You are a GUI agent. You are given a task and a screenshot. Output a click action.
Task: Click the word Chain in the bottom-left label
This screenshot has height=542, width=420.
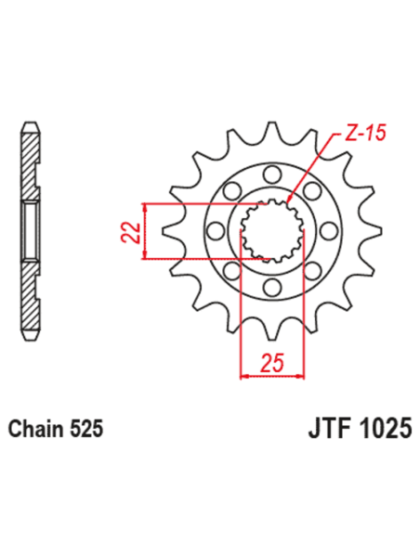coord(34,431)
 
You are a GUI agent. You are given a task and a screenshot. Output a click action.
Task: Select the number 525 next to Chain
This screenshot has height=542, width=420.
coord(84,431)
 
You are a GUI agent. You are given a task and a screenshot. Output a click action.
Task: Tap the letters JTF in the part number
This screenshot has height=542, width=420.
coord(327,431)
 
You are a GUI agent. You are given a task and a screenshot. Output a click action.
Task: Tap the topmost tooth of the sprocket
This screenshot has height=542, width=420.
coord(271,131)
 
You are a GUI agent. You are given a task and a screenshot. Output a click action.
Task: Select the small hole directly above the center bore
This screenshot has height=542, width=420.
coord(271,174)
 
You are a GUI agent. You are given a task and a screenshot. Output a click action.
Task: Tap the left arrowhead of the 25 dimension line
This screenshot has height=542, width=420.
coord(243,376)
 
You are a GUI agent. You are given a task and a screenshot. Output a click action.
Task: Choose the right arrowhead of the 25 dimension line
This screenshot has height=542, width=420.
coord(302,376)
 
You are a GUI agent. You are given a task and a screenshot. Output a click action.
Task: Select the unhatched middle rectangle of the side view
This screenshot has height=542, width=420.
coord(30,228)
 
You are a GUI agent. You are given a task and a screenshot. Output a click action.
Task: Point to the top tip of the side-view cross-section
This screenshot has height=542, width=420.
coord(30,124)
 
